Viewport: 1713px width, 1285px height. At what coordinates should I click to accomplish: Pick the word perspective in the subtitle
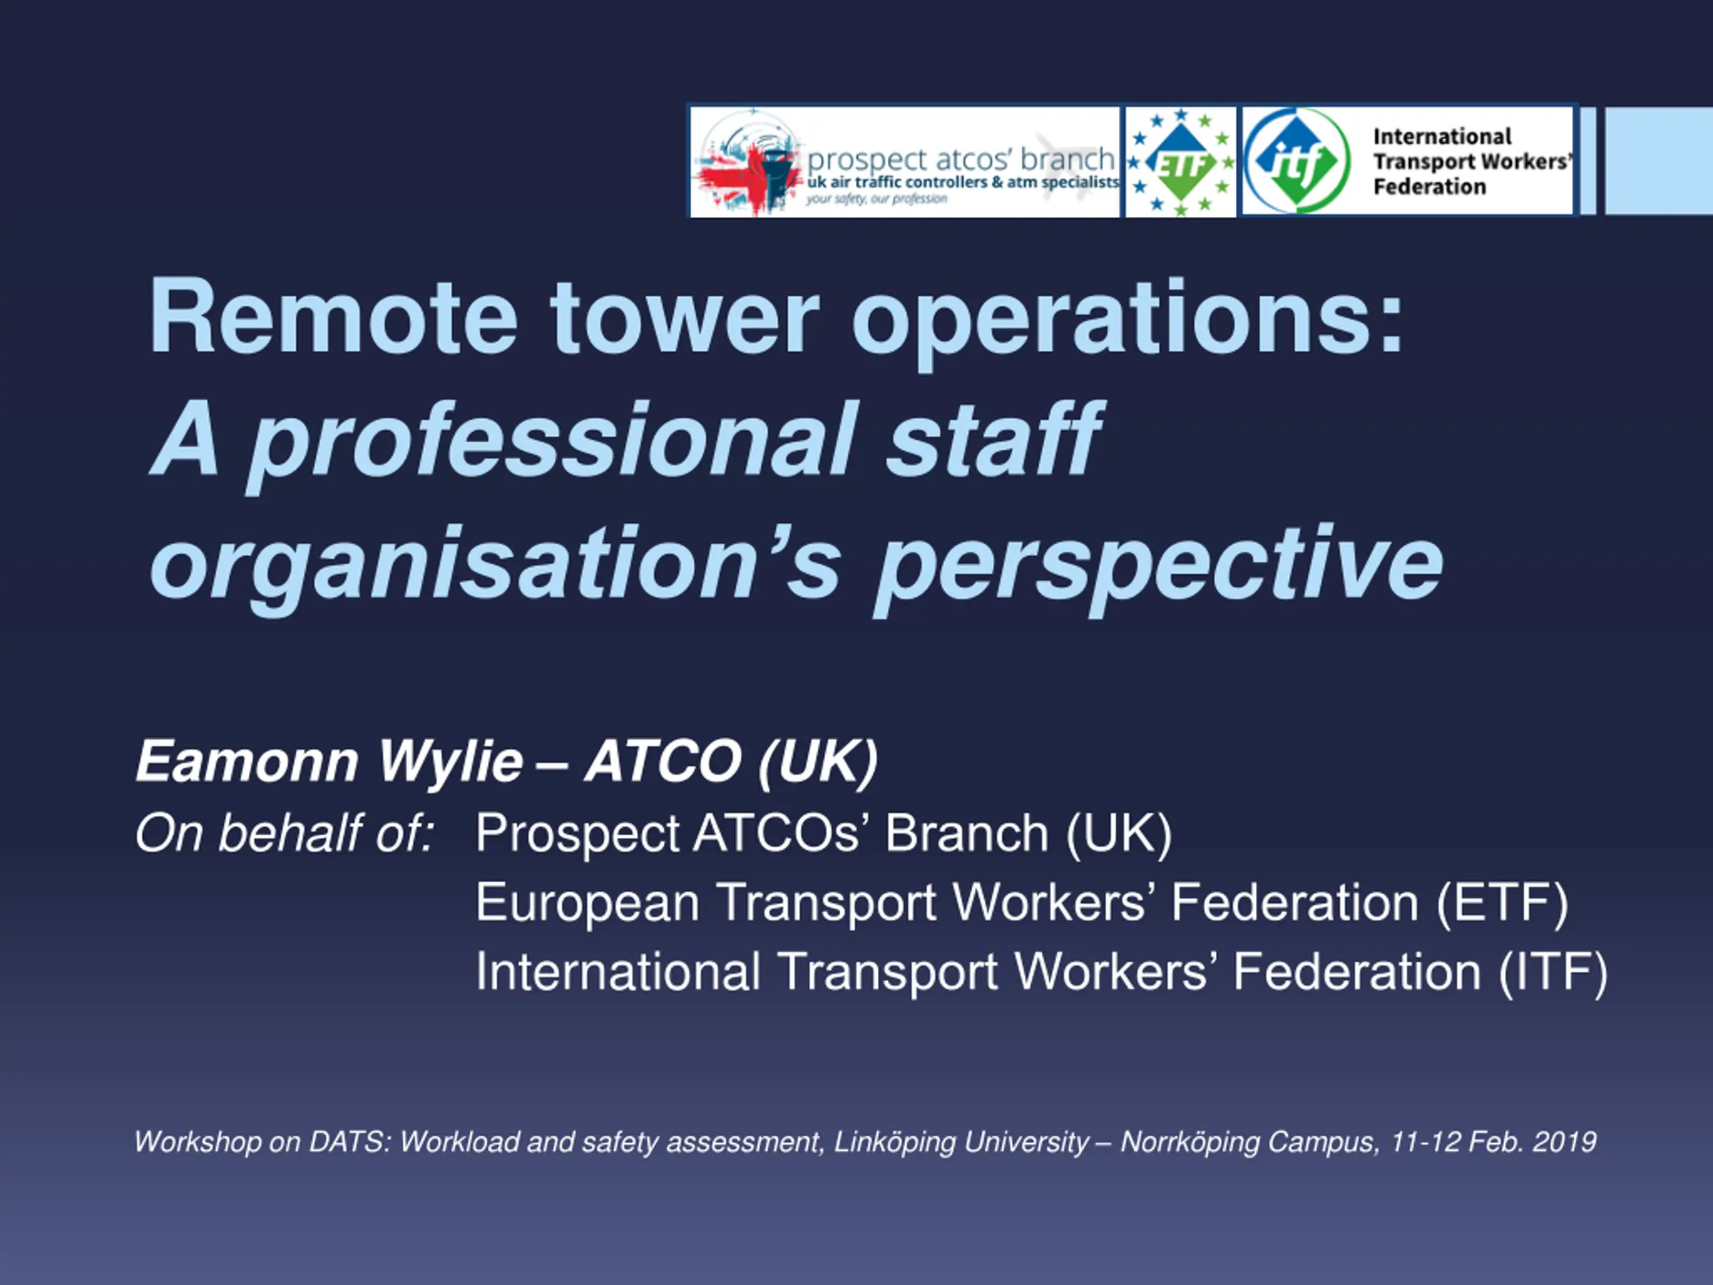click(x=1158, y=570)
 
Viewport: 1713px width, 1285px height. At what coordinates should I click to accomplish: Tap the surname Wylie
click(x=451, y=763)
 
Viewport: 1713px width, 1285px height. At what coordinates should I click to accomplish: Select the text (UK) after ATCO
click(x=818, y=762)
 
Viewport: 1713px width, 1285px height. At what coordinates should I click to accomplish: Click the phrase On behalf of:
click(x=285, y=833)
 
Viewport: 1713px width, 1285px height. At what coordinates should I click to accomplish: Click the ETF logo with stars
click(x=1180, y=162)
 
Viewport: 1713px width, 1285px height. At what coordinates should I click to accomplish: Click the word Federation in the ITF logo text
click(x=1429, y=187)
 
